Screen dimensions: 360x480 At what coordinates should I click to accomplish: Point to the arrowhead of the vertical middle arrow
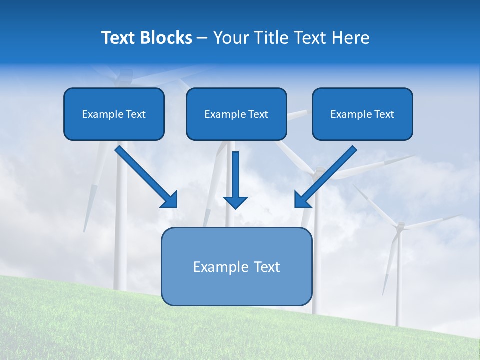[235, 202]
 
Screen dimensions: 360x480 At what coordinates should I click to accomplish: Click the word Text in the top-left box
[136, 114]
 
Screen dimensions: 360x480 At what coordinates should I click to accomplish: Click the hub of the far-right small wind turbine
[399, 227]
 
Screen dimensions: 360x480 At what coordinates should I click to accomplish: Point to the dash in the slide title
[202, 38]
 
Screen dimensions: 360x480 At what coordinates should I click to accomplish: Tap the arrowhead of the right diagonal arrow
[302, 200]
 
